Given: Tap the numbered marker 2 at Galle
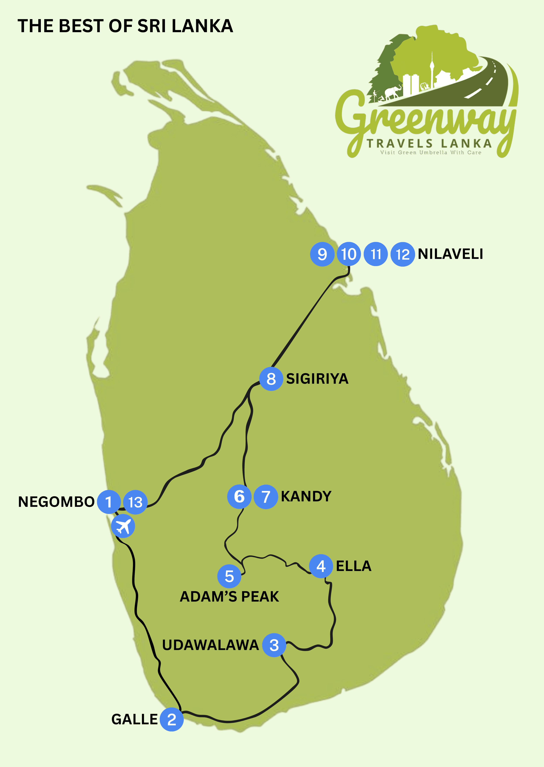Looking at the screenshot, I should (x=172, y=719).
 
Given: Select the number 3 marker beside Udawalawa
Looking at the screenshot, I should (x=274, y=645).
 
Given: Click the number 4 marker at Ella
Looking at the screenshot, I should (x=321, y=566).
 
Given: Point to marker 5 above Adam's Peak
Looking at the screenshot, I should (x=229, y=576).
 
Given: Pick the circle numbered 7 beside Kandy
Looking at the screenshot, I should (x=266, y=497).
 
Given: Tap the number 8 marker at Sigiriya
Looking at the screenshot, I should (x=271, y=379).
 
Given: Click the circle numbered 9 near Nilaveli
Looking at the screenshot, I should (x=322, y=254).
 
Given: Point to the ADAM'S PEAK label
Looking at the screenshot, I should (x=229, y=597).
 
